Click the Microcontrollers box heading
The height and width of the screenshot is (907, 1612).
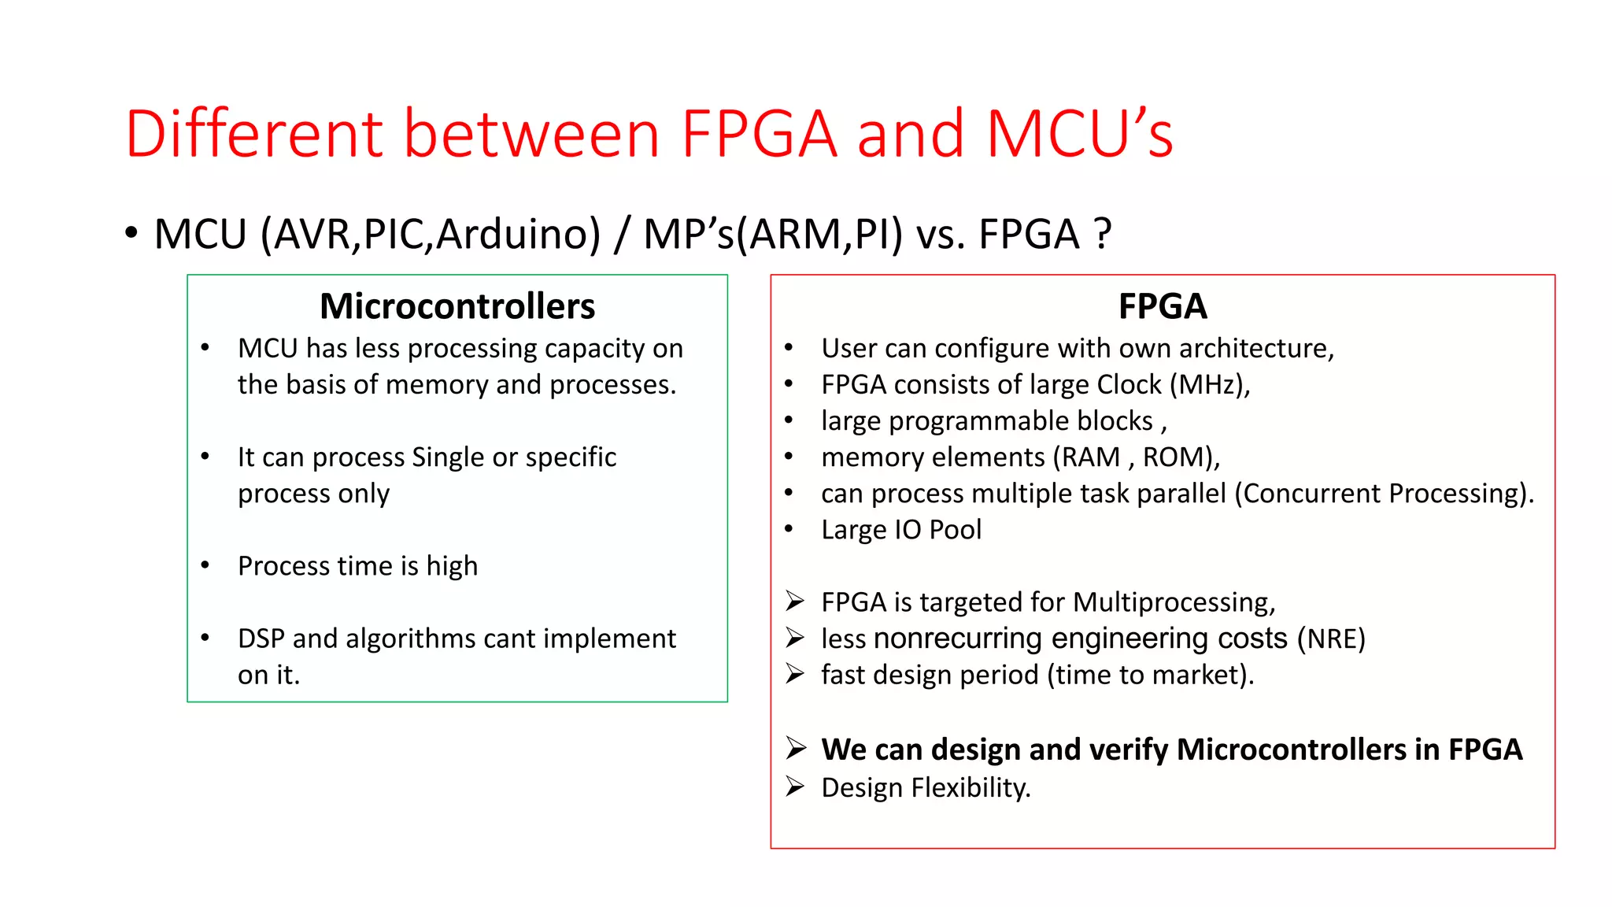(457, 306)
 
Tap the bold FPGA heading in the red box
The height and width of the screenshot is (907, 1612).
(1162, 306)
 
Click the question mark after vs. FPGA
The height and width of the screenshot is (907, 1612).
(1103, 235)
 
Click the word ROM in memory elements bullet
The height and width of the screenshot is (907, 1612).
(1169, 457)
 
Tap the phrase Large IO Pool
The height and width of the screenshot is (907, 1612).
(901, 530)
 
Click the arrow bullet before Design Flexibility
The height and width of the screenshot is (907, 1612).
(795, 787)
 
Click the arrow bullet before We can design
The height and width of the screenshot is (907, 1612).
(796, 748)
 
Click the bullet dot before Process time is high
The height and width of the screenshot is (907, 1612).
(205, 565)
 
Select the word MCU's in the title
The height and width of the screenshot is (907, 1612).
(1079, 134)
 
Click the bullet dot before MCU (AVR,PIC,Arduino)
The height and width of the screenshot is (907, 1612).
(131, 233)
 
